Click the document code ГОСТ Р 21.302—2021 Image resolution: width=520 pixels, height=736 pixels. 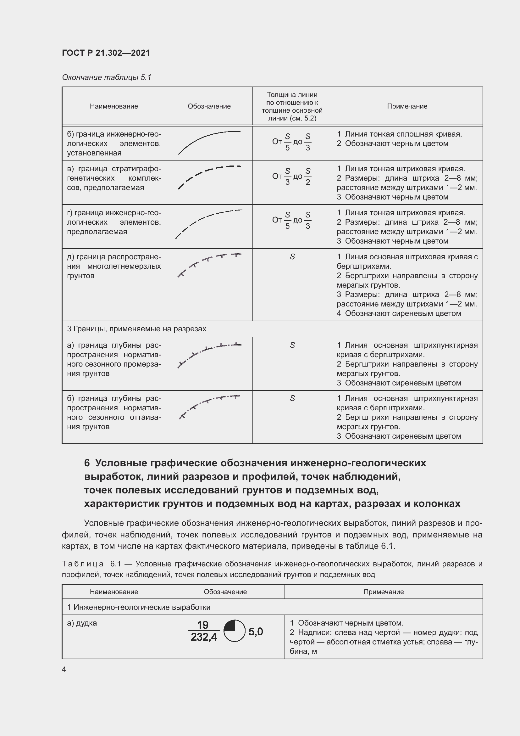pyautogui.click(x=106, y=53)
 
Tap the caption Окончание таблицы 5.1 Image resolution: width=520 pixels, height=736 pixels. pyautogui.click(x=106, y=77)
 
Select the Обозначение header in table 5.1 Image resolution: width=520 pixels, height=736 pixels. pyautogui.click(x=209, y=106)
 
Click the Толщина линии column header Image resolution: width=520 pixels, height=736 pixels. pyautogui.click(x=292, y=106)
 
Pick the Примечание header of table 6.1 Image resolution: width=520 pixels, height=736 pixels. pyautogui.click(x=383, y=592)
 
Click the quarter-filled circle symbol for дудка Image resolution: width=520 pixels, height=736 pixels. pyautogui.click(x=234, y=631)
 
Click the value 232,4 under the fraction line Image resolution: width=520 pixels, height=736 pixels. pyautogui.click(x=204, y=637)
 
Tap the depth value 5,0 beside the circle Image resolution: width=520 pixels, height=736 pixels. pyautogui.click(x=256, y=632)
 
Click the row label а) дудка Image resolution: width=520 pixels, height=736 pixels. pyautogui.click(x=82, y=623)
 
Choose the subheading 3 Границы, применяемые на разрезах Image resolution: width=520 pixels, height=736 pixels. pyautogui.click(x=137, y=329)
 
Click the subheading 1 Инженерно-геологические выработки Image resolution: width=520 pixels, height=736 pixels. pyautogui.click(x=139, y=607)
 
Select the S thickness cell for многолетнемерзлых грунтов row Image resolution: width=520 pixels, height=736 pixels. pyautogui.click(x=292, y=257)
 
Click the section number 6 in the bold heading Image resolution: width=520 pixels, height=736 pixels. pyautogui.click(x=87, y=463)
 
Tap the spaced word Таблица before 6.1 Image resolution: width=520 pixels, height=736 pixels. pyautogui.click(x=83, y=564)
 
